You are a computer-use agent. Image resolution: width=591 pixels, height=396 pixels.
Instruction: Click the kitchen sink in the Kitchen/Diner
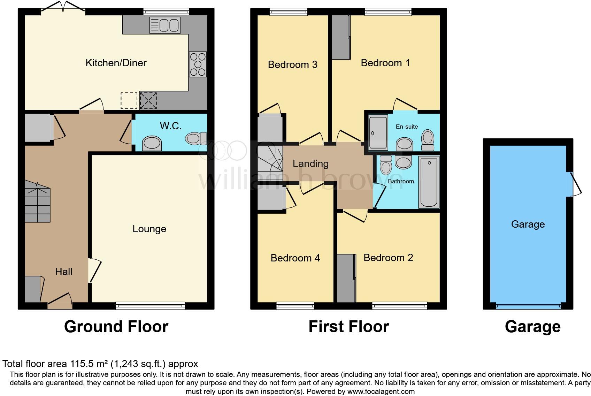pos(165,25)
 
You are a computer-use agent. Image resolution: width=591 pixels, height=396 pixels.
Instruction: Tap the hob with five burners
pos(198,64)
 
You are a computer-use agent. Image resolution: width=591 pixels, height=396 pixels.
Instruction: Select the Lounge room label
pos(149,229)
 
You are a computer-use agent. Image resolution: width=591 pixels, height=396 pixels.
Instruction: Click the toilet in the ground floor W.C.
pos(196,138)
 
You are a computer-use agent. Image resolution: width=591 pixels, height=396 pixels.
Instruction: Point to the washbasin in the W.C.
pos(152,143)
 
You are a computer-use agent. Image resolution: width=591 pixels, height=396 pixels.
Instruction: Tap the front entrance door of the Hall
pos(60,302)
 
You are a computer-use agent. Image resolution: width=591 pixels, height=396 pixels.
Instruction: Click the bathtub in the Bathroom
pos(429,182)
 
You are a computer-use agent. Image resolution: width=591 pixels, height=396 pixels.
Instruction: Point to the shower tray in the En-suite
pos(378,132)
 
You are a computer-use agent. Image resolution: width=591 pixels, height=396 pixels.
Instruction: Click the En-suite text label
pos(407,127)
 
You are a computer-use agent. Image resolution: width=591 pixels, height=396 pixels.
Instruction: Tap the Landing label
pos(310,163)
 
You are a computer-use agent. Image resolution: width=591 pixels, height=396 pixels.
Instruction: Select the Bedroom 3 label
pos(292,64)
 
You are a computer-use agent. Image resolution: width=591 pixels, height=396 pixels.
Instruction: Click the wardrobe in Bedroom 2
pos(346,278)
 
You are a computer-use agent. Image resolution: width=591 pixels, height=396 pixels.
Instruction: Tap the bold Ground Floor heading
pos(116,327)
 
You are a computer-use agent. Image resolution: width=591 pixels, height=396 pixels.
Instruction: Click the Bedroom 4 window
pos(295,306)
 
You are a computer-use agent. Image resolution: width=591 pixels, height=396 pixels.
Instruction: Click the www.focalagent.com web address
pos(381,391)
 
